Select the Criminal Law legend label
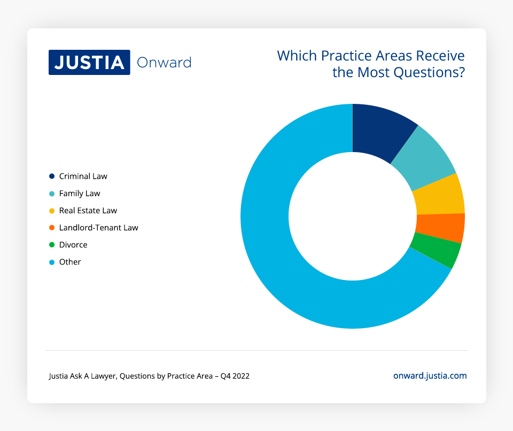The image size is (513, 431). point(83,176)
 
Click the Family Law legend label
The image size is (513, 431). point(80,193)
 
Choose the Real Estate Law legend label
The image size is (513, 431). point(88,210)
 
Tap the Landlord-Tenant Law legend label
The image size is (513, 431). point(99,228)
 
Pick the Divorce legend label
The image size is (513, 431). point(73,245)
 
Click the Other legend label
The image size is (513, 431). point(70,262)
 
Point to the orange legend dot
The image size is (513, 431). point(52,228)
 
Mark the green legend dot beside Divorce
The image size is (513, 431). point(52,245)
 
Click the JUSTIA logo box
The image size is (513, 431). point(89,63)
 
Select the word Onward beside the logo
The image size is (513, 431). point(164,63)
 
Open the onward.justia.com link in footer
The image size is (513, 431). point(430,376)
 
